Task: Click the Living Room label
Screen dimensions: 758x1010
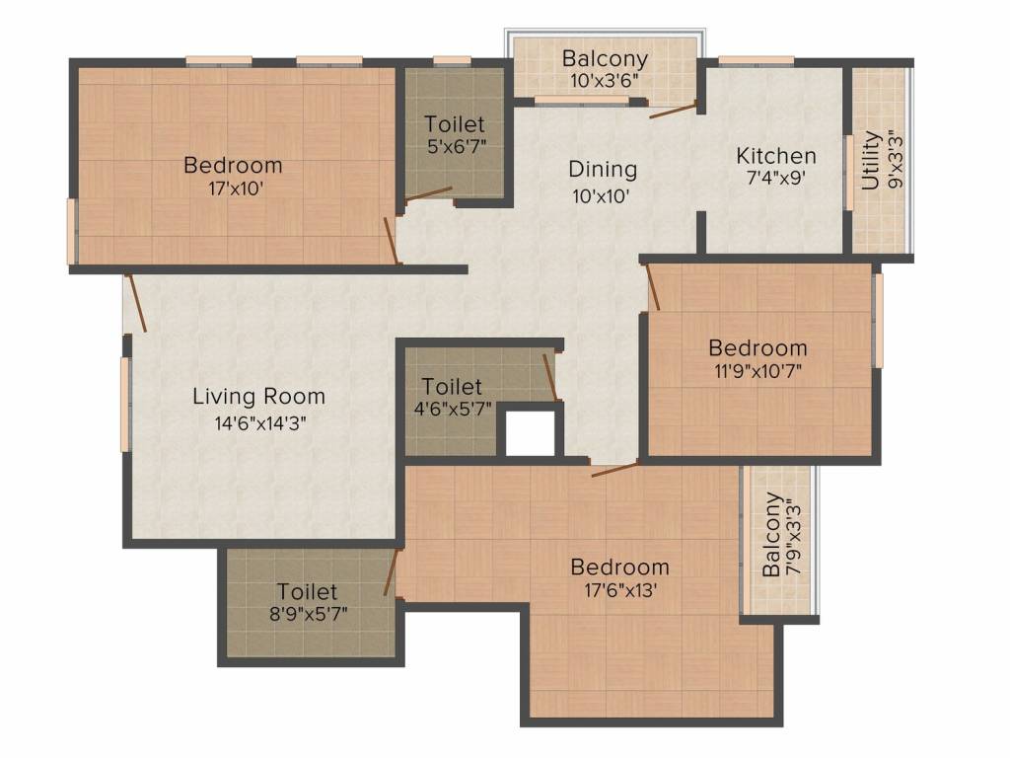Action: [x=258, y=397]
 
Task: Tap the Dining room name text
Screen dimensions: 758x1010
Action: [x=603, y=170]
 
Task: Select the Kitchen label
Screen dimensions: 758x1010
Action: [x=776, y=156]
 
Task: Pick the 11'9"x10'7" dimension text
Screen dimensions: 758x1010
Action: [x=757, y=373]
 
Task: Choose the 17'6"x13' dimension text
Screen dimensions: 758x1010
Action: [x=619, y=592]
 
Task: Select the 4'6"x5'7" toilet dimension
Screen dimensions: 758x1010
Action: [x=452, y=410]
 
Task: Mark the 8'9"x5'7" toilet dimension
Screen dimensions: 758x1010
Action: [x=307, y=615]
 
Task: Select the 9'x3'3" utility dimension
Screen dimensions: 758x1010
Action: [x=894, y=161]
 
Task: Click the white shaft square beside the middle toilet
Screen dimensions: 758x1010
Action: [x=530, y=432]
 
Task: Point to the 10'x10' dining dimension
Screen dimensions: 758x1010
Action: [x=602, y=195]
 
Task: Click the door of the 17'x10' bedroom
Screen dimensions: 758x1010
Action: [x=391, y=240]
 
